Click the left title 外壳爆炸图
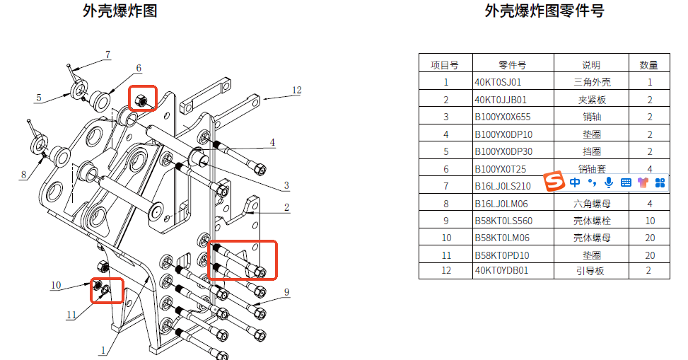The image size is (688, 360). click(119, 11)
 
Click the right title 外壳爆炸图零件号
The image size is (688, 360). click(544, 11)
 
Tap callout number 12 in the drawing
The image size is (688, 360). click(296, 91)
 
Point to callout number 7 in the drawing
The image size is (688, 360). click(108, 54)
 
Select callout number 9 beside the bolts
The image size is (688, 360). click(287, 291)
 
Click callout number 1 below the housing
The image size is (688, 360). click(103, 349)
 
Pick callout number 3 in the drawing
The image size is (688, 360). click(286, 186)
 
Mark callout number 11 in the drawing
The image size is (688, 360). click(71, 315)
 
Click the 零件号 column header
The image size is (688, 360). click(512, 64)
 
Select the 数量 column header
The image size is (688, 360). click(649, 64)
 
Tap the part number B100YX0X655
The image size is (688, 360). click(502, 117)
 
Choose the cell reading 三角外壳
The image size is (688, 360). click(592, 82)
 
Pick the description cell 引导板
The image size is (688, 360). click(592, 270)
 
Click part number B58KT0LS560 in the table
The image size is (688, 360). click(503, 221)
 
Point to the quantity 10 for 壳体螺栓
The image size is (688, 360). click(649, 221)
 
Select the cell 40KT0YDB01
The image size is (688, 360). click(501, 270)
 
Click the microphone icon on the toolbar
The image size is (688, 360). click(609, 182)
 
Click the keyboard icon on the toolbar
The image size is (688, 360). click(626, 182)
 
